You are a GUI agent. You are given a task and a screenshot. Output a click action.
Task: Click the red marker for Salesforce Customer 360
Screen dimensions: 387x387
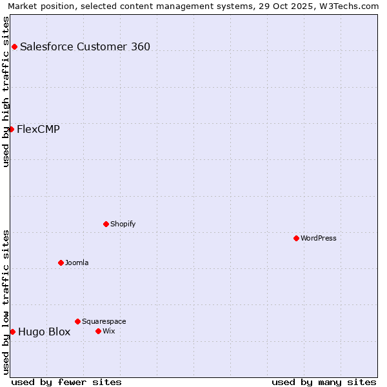(x=14, y=46)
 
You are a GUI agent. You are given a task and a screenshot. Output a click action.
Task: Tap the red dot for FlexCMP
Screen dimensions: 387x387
(x=11, y=129)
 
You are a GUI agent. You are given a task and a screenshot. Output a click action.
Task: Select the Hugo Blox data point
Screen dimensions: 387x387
(x=12, y=332)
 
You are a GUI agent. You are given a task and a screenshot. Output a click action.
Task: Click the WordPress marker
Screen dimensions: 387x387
(x=296, y=238)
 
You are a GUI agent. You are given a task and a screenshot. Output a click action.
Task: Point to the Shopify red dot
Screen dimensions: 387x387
(x=106, y=224)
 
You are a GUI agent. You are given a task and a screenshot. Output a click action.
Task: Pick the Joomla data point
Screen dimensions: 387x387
(x=61, y=263)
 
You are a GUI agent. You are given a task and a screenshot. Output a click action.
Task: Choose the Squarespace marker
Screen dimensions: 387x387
(x=77, y=321)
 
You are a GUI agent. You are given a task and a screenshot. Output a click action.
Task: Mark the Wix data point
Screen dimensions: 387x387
(x=98, y=331)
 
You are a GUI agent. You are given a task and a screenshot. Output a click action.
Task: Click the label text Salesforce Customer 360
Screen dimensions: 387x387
(x=85, y=46)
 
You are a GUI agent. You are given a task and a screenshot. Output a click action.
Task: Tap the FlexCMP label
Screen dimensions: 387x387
(x=38, y=129)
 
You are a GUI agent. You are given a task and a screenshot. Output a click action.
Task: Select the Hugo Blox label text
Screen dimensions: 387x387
(x=44, y=332)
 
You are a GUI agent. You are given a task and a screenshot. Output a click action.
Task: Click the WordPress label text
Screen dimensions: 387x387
(x=319, y=238)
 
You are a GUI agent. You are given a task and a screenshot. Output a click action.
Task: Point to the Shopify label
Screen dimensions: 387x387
(x=123, y=224)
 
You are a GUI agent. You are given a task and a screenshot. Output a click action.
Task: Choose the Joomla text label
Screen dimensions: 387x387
(x=77, y=263)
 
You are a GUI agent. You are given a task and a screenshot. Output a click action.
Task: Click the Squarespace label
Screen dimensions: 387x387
(x=104, y=321)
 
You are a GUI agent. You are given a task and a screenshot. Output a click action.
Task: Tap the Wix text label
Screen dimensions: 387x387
(x=109, y=331)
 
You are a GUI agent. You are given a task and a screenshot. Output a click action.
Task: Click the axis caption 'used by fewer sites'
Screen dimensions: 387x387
(x=66, y=382)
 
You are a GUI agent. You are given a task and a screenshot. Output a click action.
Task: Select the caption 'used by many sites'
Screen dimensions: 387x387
(x=324, y=382)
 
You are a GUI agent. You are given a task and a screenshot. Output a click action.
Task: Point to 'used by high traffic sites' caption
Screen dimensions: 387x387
(x=6, y=92)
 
